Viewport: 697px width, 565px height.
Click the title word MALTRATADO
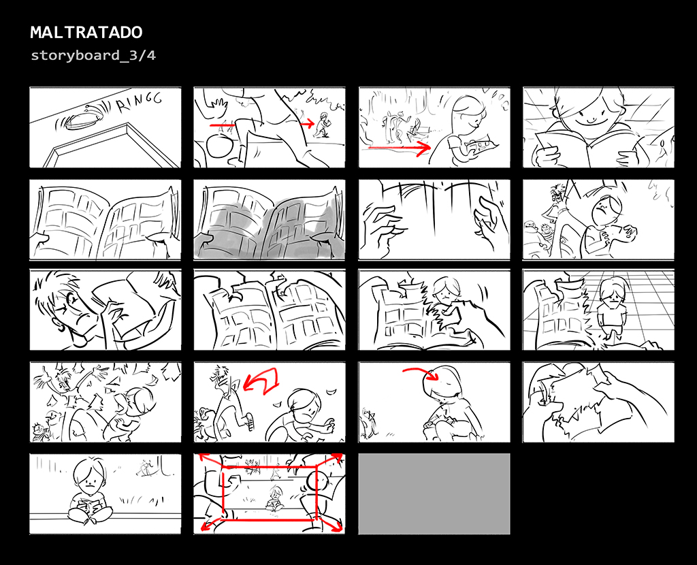pyautogui.click(x=86, y=32)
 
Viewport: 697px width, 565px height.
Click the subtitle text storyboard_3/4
pyautogui.click(x=93, y=55)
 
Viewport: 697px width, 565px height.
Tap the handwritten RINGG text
pyautogui.click(x=139, y=103)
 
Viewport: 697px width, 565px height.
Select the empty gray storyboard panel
pyautogui.click(x=434, y=494)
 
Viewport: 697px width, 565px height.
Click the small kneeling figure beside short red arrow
pyautogui.click(x=321, y=125)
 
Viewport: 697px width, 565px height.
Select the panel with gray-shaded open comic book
pyautogui.click(x=270, y=220)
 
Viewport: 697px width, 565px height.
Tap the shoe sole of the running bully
pyautogui.click(x=250, y=421)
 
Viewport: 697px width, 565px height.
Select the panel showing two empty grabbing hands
pyautogui.click(x=434, y=220)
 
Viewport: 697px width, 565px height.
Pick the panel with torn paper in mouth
pyautogui.click(x=598, y=402)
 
